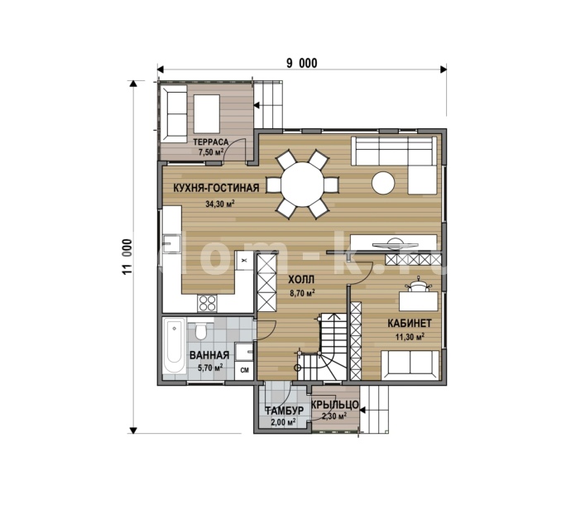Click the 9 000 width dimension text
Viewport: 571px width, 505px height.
tap(301, 64)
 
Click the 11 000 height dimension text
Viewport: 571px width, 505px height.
tap(127, 257)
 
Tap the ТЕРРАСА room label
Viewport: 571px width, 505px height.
tap(210, 142)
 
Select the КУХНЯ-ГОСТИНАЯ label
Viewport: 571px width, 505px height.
tap(216, 188)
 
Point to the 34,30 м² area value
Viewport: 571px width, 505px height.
tap(219, 204)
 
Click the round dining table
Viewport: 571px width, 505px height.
tap(302, 185)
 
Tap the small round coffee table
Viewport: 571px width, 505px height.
tap(383, 182)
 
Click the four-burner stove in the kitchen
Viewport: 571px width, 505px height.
tap(207, 303)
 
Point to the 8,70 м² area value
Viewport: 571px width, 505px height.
tap(302, 293)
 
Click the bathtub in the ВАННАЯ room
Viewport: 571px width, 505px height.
tap(175, 345)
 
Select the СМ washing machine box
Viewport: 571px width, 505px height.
tap(245, 370)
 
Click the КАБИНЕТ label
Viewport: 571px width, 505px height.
tap(410, 323)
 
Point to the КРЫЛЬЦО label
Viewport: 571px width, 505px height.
tap(335, 405)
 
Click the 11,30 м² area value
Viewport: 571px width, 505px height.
tap(410, 337)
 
